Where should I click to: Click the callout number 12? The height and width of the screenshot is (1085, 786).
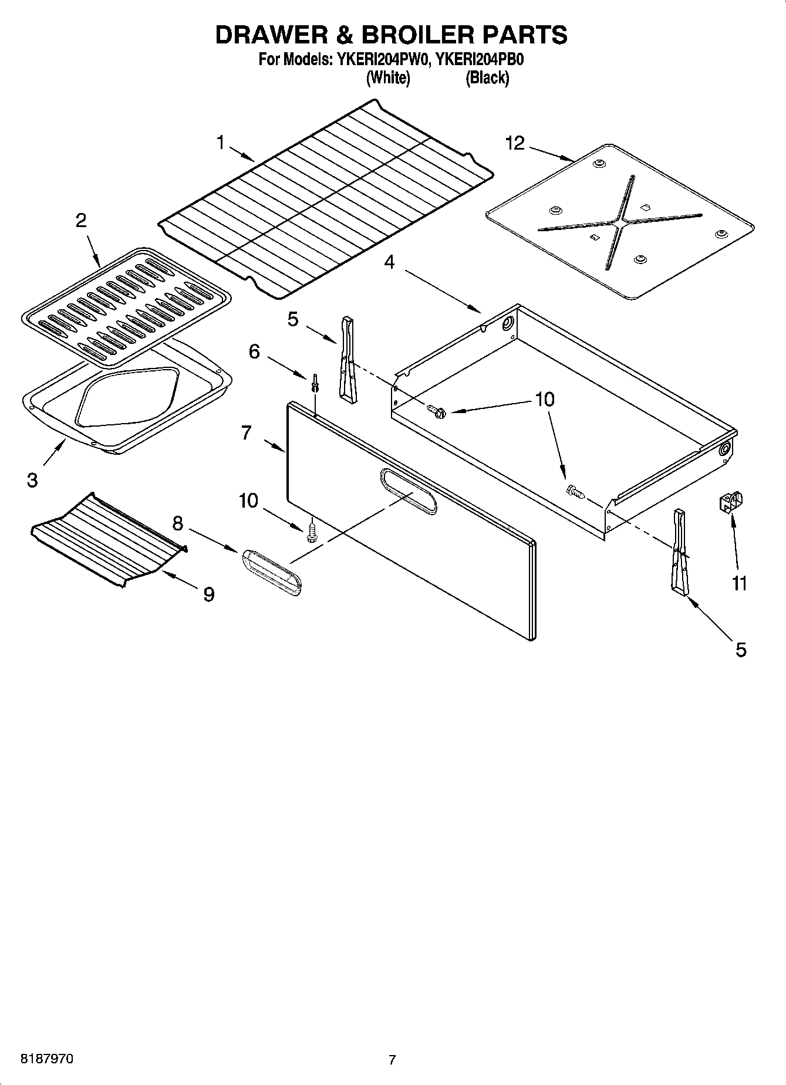(x=515, y=143)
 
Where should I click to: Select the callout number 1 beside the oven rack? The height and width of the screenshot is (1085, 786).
(x=221, y=142)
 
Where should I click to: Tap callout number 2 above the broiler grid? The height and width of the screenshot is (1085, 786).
(x=81, y=221)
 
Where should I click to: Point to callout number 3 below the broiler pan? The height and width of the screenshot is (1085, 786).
(x=32, y=480)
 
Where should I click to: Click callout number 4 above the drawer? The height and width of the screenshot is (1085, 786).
(x=389, y=262)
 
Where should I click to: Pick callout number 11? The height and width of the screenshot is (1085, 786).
(x=739, y=583)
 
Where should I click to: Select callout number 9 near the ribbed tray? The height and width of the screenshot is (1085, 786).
(x=208, y=594)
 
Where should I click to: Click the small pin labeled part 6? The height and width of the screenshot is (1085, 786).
(x=315, y=381)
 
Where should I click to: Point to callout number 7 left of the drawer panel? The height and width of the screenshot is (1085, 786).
(x=247, y=433)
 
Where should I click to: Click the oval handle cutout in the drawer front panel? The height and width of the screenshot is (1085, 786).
(x=408, y=492)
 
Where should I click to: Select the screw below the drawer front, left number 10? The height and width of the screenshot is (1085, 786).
(x=312, y=532)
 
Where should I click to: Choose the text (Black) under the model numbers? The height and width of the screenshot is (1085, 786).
(x=487, y=78)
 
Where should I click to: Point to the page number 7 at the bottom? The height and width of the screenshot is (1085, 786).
(x=392, y=1060)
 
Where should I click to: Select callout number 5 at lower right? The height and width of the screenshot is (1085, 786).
(x=741, y=650)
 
